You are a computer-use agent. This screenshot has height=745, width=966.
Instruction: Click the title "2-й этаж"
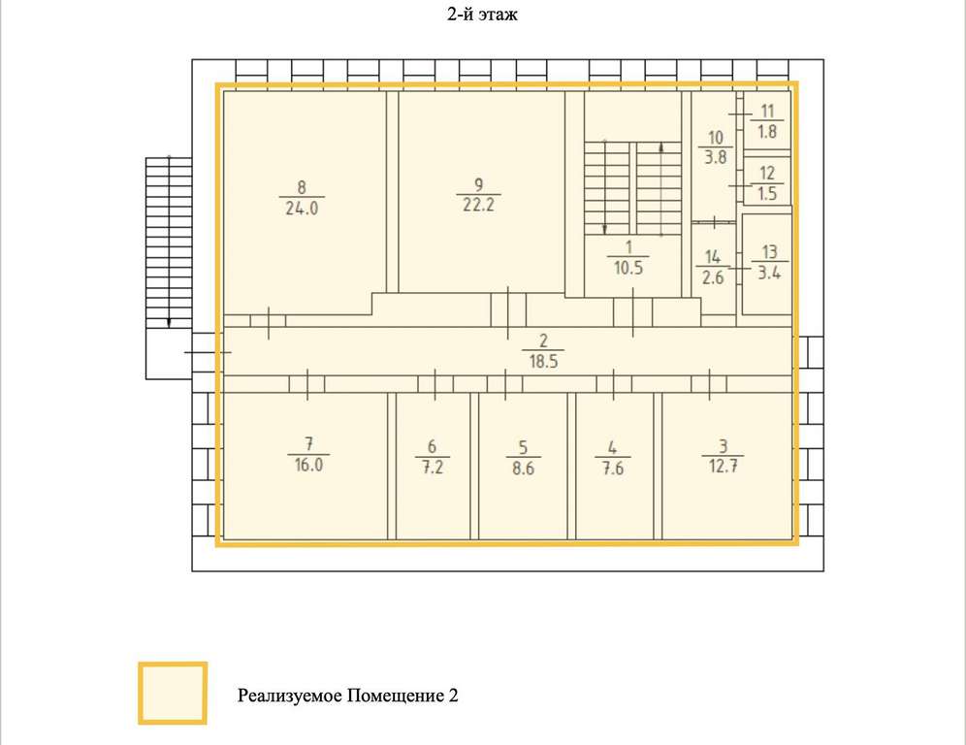pos(482,15)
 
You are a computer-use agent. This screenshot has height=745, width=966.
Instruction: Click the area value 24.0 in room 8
pos(302,209)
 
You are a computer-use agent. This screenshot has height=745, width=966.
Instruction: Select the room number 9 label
pos(479,184)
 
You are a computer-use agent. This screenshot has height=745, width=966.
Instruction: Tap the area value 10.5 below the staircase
pos(628,268)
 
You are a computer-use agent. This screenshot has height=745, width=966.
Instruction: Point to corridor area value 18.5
pos(543,361)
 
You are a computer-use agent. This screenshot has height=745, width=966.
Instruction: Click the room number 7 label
pos(308,443)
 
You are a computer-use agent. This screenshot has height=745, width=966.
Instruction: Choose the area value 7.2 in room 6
pos(433,468)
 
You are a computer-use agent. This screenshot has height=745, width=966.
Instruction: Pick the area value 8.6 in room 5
pos(523,469)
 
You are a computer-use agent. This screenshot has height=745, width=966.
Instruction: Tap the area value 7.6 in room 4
pos(613,469)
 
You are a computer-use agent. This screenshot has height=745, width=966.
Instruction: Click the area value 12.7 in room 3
pos(724,466)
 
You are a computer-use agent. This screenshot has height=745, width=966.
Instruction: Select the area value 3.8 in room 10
pos(715,157)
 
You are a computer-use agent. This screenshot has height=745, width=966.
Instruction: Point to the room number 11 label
pos(767,111)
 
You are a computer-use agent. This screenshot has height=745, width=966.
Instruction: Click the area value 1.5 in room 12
pos(767,193)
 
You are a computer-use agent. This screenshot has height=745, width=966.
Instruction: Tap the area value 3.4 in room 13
pos(769,273)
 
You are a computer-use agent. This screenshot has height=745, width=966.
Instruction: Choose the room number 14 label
pos(713,256)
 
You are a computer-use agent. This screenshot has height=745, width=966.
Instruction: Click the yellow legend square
pos(173,694)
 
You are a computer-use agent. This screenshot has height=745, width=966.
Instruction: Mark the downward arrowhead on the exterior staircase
pos(170,323)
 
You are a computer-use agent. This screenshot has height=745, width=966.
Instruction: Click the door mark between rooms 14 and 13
pos(739,268)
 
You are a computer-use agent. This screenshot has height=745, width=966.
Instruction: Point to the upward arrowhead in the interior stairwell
pos(661,147)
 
